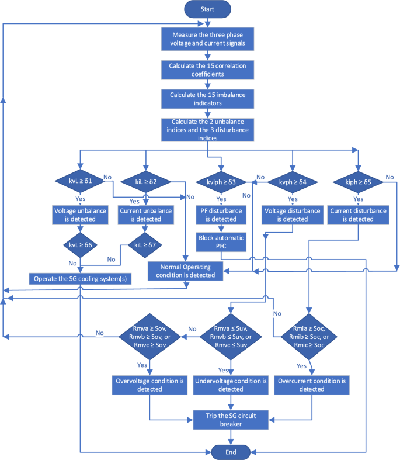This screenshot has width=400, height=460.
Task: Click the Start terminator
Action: point(208,9)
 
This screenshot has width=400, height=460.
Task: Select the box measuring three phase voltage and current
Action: point(208,39)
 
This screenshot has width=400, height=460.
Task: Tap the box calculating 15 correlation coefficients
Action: point(208,70)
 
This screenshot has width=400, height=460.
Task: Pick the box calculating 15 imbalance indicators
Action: point(208,98)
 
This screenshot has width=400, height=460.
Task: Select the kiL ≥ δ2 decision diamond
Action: point(145,182)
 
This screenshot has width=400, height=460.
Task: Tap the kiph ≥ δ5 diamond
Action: point(358,182)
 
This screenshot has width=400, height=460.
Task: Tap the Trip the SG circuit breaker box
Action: point(232,419)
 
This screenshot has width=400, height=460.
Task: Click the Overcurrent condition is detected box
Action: point(311,385)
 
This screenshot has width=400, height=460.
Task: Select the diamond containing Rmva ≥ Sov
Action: point(150,336)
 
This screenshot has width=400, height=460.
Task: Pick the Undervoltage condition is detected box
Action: point(231,385)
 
